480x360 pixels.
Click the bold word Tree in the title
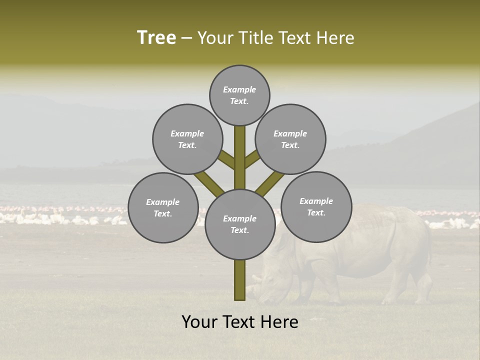point(156,38)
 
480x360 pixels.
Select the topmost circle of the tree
point(239,95)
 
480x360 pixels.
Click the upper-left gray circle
point(187,139)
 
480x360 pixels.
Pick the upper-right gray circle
point(290,139)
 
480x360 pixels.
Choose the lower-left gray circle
point(163,207)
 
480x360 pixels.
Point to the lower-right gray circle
point(316,206)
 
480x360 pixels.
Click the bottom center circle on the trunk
point(239,224)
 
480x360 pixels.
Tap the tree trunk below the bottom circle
point(239,280)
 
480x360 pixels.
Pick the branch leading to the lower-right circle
point(270,182)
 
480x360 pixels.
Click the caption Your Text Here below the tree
point(239,322)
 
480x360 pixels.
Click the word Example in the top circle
point(239,90)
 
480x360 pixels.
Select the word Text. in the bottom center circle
point(239,230)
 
